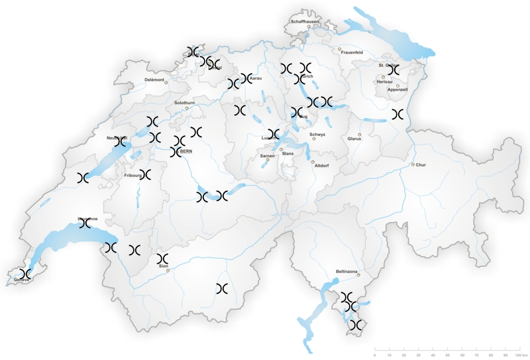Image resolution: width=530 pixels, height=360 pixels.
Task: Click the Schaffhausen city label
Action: [x=305, y=21]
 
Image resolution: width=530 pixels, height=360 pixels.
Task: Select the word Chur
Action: [x=422, y=164]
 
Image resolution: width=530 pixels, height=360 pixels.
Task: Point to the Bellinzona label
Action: [x=346, y=271]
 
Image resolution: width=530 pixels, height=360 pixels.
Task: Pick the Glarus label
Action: [x=354, y=139]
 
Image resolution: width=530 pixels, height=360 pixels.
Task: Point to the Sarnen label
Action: [x=268, y=156]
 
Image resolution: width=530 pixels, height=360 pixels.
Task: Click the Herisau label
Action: [x=384, y=82]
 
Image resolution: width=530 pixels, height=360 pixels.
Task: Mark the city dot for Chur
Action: [x=413, y=164]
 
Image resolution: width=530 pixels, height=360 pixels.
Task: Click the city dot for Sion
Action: [x=168, y=270]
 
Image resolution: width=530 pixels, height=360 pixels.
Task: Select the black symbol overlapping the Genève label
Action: [x=25, y=274]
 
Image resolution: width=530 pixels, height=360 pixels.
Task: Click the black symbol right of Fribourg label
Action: [x=145, y=174]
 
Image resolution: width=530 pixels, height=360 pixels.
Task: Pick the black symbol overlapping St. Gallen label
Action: [x=394, y=69]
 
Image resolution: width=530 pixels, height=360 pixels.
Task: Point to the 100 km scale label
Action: [x=520, y=357]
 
